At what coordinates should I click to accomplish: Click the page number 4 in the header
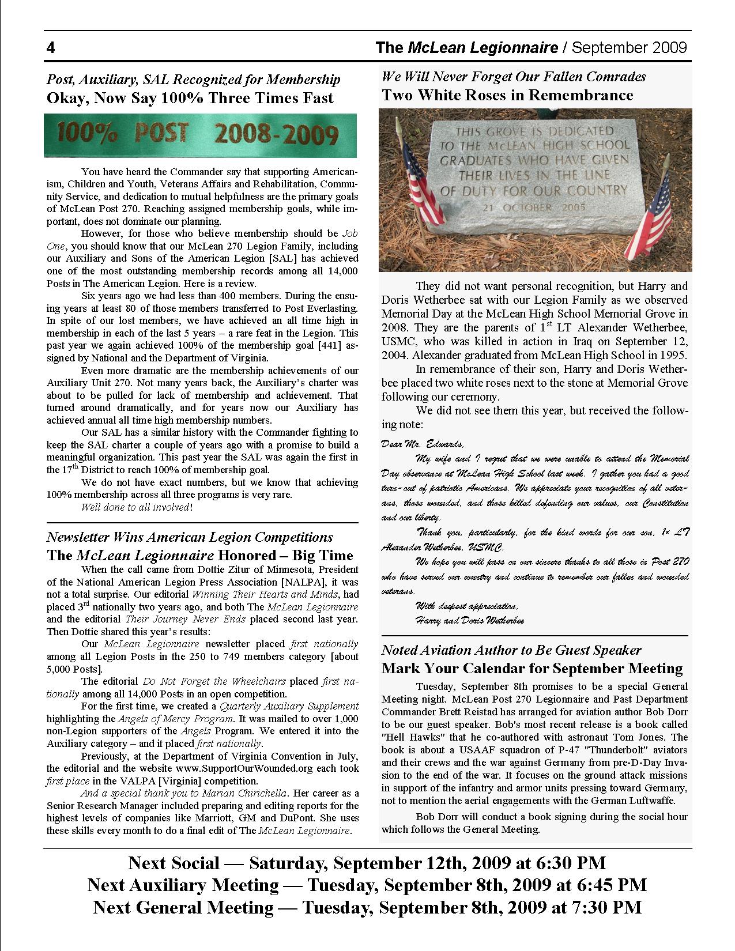51,48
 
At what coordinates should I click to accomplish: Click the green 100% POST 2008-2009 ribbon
200,135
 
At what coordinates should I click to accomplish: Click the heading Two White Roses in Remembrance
507,95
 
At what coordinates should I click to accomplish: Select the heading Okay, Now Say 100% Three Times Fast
190,98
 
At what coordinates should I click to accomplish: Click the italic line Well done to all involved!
137,507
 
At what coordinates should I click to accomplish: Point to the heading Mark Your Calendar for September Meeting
532,669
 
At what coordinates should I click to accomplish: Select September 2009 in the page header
631,48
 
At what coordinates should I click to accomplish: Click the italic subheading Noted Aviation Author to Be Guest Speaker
511,650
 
